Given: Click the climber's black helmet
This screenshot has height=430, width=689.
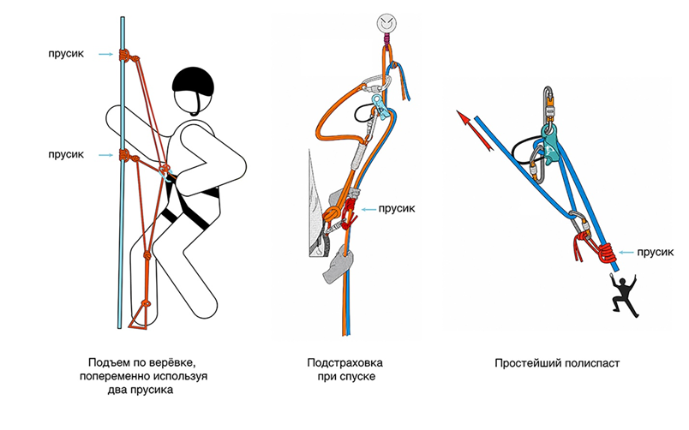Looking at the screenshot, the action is pos(194,82).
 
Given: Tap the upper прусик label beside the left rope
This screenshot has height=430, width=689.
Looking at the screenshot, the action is pos(66,54).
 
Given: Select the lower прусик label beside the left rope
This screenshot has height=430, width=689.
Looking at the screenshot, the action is pos(66,154).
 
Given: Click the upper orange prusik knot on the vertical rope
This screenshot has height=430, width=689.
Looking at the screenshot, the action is pos(125,56).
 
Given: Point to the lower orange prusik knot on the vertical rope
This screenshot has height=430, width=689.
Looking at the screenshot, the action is pos(125,156).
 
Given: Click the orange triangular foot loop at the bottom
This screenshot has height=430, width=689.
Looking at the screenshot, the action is pos(141,315).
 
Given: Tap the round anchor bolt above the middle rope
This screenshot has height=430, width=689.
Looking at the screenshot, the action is pos(386,22).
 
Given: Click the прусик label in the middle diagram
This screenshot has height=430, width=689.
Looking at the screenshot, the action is pos(397,209).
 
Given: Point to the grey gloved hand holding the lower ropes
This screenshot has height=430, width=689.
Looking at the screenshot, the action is pos(339,265).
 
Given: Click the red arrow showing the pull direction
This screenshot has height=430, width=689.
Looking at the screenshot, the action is pos(475,130).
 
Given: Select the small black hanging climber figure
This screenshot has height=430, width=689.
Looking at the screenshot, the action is pos(624,294).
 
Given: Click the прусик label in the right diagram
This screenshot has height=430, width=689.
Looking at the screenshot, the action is pos(656,253).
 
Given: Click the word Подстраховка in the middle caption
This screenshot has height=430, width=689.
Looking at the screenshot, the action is pos(345,363).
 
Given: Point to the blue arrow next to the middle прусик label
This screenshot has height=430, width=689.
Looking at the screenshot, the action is pos(368,210).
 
